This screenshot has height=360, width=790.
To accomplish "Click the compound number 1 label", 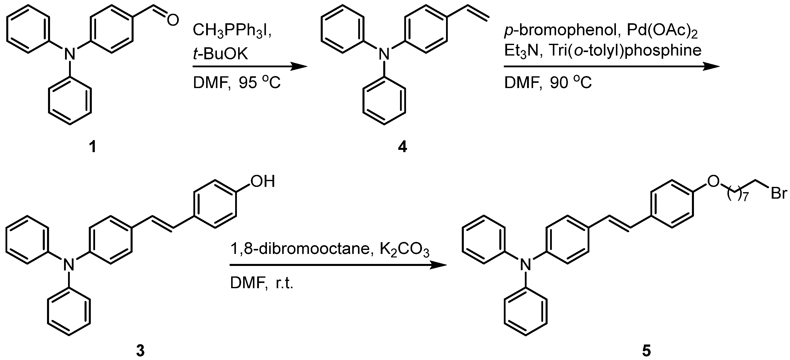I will coord(92,147).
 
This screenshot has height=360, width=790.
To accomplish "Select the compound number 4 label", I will coord(402,147).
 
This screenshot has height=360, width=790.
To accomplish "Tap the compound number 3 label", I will coord(140,350).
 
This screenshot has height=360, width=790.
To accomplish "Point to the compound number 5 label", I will coord(646,350).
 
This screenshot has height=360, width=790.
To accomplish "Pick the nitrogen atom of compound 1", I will coord(70,55).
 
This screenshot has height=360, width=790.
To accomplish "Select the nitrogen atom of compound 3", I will coord(69,265).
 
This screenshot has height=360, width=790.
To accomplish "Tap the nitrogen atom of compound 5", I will coord(525,265).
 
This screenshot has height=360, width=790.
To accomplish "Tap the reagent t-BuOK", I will coord(220,54).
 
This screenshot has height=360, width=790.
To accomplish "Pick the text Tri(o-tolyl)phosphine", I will coord(625,50).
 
